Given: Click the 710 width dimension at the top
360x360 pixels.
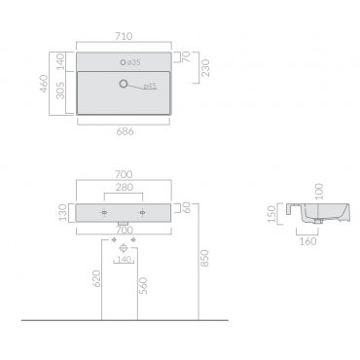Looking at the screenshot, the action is tap(124, 36).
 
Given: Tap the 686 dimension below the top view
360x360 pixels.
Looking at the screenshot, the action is tap(125, 131).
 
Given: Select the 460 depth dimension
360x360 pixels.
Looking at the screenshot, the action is tap(44, 84).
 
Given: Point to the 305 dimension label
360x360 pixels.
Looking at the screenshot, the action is tap(60, 90).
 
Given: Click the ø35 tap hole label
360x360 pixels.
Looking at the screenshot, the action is tap(134, 62).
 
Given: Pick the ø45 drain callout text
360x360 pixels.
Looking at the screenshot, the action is tap(150, 86).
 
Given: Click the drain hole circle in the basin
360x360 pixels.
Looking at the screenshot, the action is tap(124, 84).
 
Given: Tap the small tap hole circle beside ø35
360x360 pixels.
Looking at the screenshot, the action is tap(123, 62).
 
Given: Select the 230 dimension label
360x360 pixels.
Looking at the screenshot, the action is tap(205, 68).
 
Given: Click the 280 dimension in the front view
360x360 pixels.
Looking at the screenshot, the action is tap(125, 187).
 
